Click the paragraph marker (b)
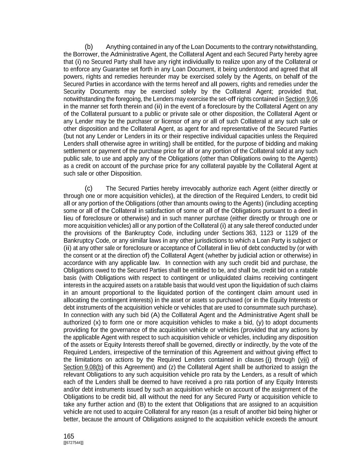(x=89, y=47)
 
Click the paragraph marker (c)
(x=89, y=188)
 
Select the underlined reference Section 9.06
(x=301, y=99)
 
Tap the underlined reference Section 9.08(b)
(x=83, y=367)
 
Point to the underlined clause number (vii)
(x=303, y=360)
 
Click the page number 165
(x=69, y=436)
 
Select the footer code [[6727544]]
(x=73, y=443)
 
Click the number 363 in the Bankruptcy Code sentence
(x=251, y=233)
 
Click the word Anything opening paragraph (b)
(x=118, y=47)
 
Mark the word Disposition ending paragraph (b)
(x=126, y=174)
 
